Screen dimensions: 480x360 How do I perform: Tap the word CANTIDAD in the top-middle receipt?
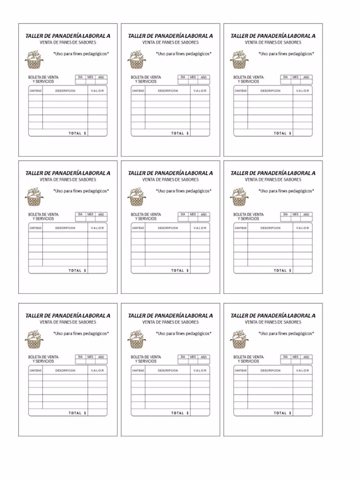coord(138,91)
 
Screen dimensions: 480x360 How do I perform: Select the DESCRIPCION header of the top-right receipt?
coord(270,91)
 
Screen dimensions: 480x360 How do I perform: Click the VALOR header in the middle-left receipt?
coord(97,228)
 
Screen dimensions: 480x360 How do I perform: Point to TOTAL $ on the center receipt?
coord(180,270)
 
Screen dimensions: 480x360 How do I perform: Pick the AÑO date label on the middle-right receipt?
coord(306,215)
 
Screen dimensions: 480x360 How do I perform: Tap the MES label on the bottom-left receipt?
coord(90,357)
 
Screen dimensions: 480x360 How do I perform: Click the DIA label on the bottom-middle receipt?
coord(183,357)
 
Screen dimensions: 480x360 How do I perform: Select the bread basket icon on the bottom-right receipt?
coord(239,339)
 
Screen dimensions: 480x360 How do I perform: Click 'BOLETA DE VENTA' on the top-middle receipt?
coord(146,77)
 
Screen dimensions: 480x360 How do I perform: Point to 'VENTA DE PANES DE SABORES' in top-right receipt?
coord(273,42)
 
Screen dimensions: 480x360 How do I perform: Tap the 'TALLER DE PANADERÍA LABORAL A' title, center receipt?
coord(170,173)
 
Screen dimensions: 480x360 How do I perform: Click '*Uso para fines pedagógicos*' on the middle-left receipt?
coord(81,191)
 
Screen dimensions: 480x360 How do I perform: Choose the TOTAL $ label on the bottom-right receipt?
coord(283,413)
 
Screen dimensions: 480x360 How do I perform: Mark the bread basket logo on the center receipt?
coord(136,197)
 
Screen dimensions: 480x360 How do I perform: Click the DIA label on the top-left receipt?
coord(80,77)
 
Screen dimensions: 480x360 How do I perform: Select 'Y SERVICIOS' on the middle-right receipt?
coord(248,219)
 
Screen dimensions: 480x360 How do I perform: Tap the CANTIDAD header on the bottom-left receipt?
coord(36,371)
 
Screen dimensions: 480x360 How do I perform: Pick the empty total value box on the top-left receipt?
coord(97,133)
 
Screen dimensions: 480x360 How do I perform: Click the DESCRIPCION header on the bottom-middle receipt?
coord(168,371)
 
